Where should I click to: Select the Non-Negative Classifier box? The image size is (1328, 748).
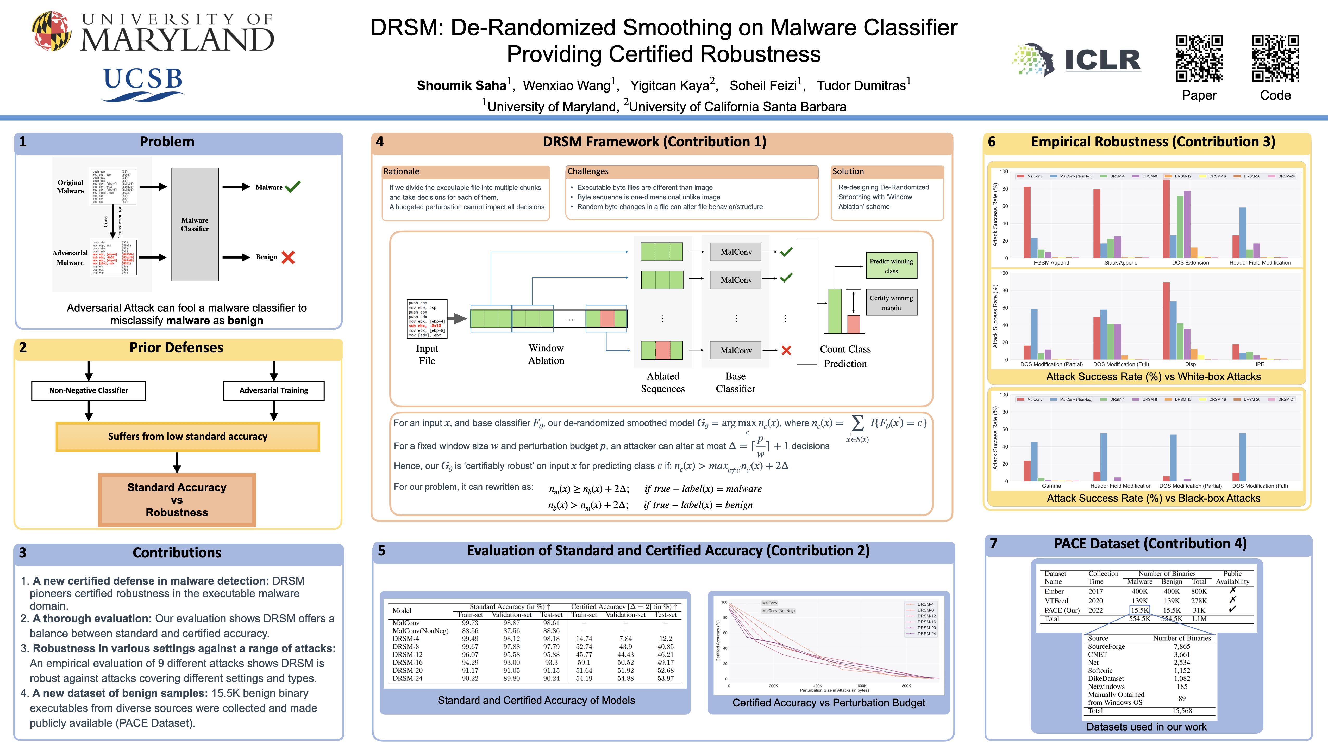pos(89,390)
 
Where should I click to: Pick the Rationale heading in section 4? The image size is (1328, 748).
pos(401,171)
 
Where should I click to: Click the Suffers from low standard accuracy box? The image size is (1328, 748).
pos(188,436)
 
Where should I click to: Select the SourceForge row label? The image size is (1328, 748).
pos(1106,646)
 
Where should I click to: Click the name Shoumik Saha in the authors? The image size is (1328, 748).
pos(461,86)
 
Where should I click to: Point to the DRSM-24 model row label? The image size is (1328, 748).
pos(407,678)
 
